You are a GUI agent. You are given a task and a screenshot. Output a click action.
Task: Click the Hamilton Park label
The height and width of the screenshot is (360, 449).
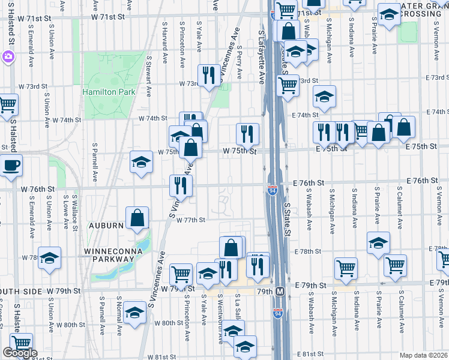click(x=109, y=92)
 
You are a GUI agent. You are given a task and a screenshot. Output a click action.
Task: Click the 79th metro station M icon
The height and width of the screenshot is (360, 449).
click(x=279, y=292)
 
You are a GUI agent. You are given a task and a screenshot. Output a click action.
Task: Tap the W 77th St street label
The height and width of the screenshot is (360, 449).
click(x=191, y=220)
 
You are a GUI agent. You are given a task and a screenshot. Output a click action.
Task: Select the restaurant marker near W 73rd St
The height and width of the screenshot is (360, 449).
click(x=208, y=75)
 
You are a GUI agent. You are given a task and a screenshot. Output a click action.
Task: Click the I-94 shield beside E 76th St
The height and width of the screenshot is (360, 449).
click(x=272, y=191)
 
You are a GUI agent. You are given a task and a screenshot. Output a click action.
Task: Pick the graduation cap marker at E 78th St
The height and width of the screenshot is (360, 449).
click(x=378, y=243)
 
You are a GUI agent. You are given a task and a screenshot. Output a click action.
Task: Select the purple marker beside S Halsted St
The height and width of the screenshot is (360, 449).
click(x=8, y=58)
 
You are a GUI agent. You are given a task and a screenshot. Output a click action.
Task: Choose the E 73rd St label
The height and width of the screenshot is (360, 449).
click(x=437, y=77)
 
